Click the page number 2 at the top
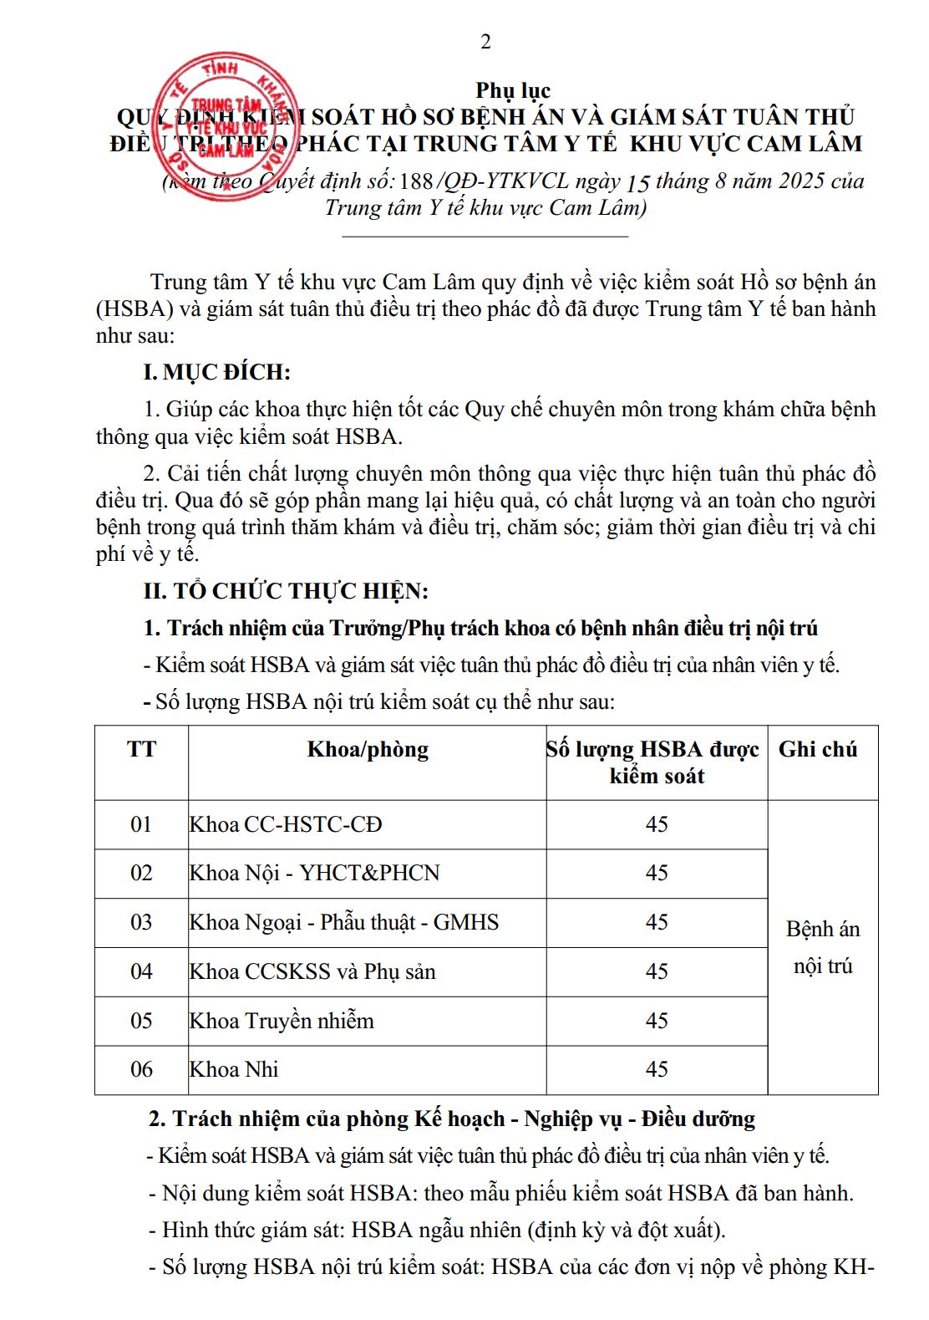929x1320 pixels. tap(485, 42)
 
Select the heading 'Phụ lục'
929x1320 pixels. tap(513, 89)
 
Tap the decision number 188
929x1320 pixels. tap(416, 181)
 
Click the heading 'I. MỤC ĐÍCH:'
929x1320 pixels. tap(217, 372)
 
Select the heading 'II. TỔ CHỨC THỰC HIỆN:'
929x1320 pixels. tap(286, 591)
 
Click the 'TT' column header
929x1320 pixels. tap(141, 749)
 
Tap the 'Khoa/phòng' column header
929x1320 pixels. tap(368, 749)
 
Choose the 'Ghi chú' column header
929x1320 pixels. tap(818, 749)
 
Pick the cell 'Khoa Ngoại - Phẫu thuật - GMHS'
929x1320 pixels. tap(344, 922)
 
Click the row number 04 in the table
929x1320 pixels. tap(141, 971)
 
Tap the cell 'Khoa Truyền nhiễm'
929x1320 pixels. tap(282, 1021)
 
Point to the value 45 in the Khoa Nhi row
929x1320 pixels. tap(657, 1069)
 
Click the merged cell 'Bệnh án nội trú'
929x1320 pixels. tap(823, 947)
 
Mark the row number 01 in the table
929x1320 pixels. tap(141, 824)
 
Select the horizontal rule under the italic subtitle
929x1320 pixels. tap(485, 237)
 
